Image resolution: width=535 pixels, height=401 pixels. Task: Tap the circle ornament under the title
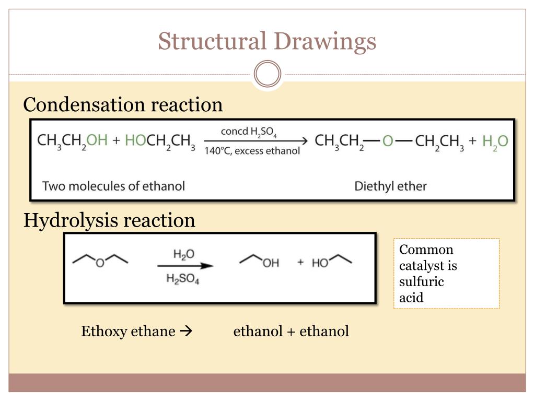(x=267, y=74)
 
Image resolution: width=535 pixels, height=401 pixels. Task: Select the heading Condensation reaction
(x=123, y=105)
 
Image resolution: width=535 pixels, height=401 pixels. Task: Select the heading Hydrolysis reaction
(x=110, y=220)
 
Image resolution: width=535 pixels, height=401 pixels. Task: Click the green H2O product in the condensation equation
(x=495, y=141)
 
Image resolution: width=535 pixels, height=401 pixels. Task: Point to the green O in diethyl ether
(x=387, y=141)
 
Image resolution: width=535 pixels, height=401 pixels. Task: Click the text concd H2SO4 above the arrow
(x=248, y=132)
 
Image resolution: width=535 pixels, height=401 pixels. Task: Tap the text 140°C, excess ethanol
(x=252, y=151)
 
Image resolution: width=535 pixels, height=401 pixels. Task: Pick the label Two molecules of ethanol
(x=113, y=185)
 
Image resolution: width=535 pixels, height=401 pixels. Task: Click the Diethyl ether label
(x=390, y=186)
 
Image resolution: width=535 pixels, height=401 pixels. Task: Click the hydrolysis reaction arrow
(x=185, y=266)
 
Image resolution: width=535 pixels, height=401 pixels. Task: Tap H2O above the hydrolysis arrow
(x=184, y=254)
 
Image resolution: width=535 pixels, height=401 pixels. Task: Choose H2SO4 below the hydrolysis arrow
(x=183, y=279)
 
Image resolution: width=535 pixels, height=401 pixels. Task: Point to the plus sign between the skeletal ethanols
(x=300, y=262)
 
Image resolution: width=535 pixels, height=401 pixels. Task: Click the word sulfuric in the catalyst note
(x=421, y=282)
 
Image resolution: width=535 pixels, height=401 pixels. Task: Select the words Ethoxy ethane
(x=128, y=331)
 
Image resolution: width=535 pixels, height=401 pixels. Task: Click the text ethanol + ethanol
(x=291, y=331)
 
